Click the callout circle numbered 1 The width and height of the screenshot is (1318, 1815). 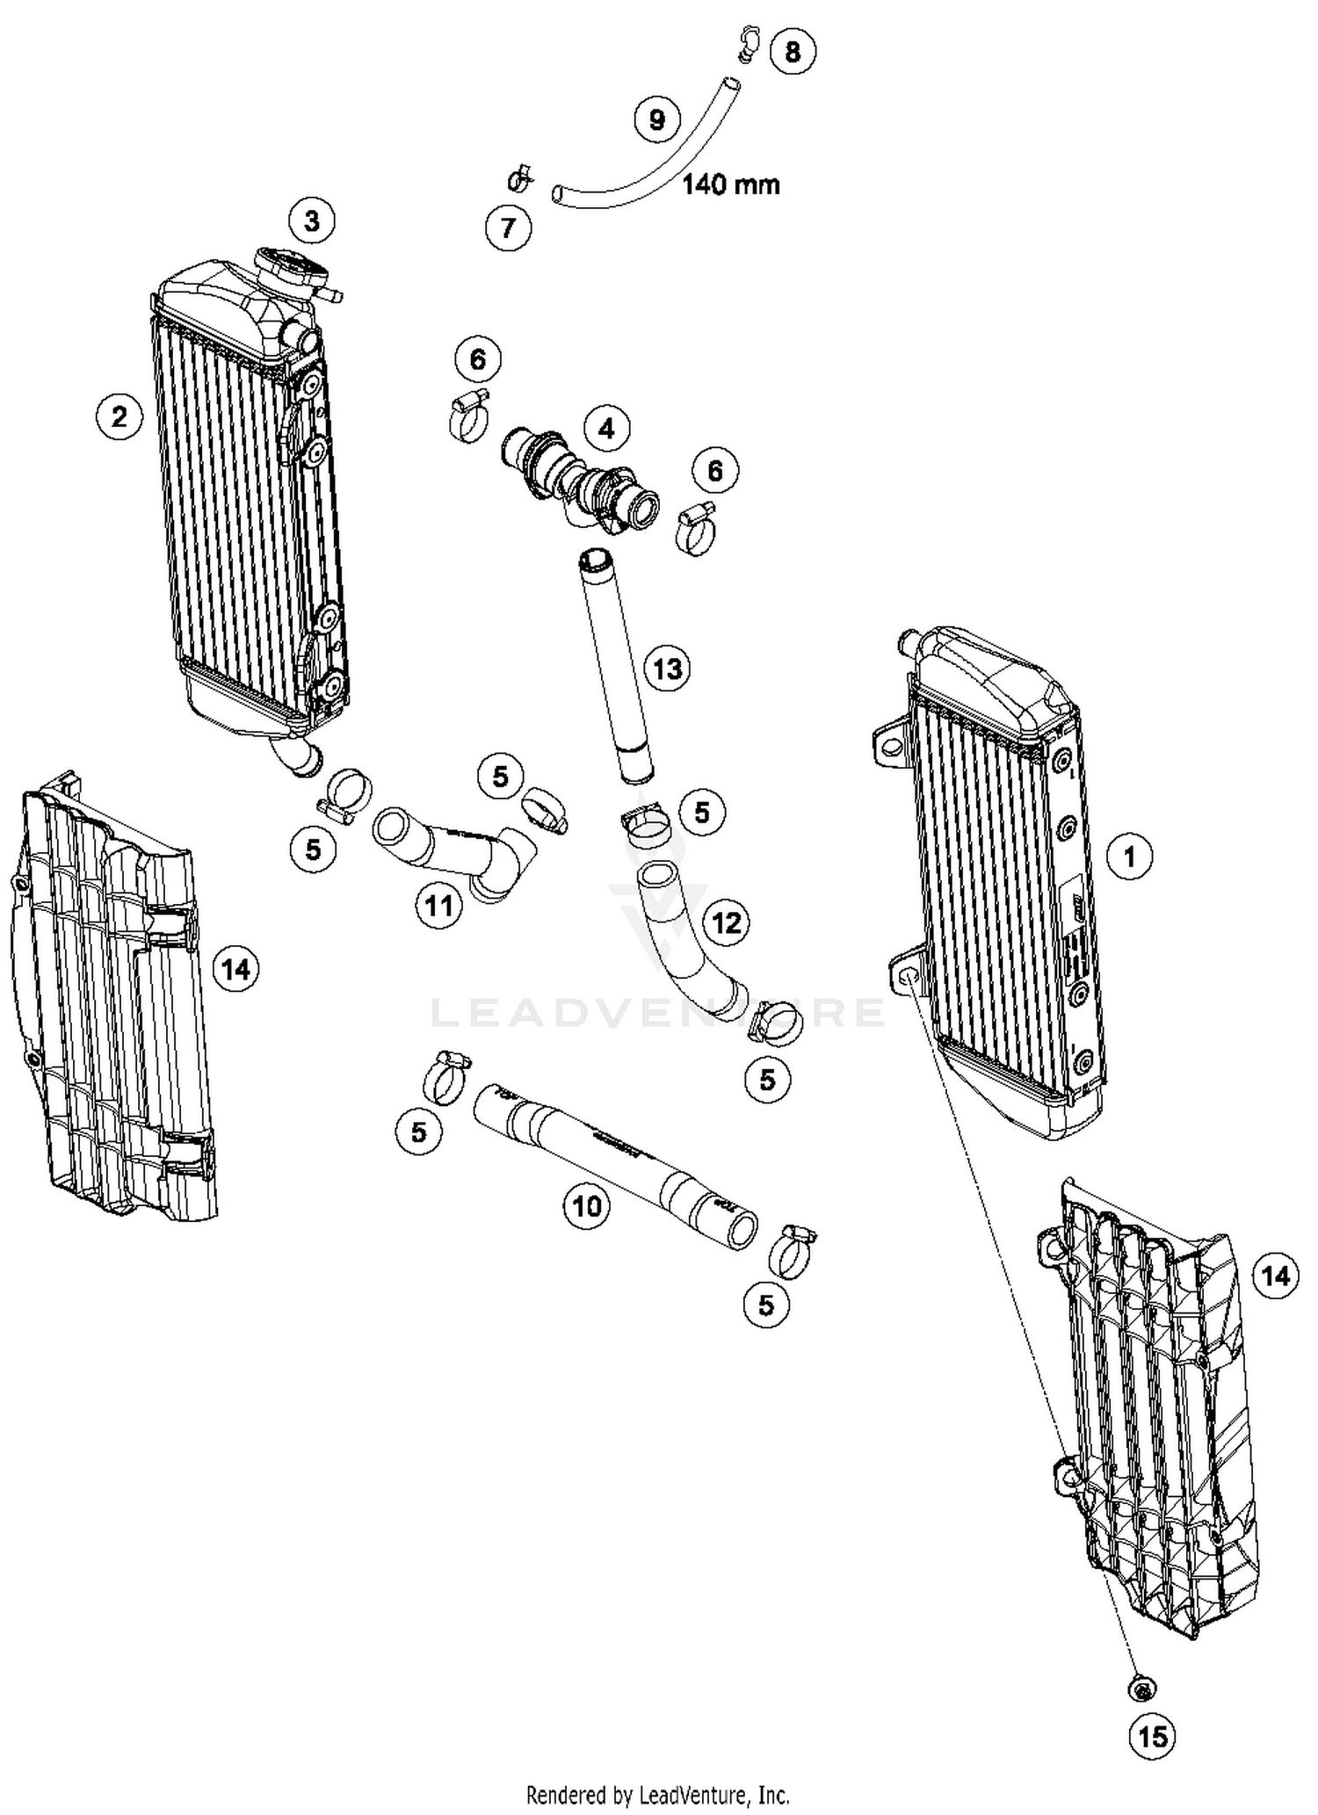coord(1130,856)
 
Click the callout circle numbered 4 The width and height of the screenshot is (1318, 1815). coord(606,429)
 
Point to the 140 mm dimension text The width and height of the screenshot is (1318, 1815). coord(731,184)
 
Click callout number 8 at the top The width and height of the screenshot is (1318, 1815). coord(793,52)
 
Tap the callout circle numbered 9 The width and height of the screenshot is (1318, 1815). coord(657,119)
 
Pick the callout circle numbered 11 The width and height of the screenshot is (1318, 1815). coord(439,905)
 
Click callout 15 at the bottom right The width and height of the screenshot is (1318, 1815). coord(1153,1736)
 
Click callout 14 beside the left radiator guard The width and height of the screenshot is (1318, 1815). coord(235,969)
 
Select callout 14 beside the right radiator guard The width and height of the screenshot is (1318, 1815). coord(1275,1275)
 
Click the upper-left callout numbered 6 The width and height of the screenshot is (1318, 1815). coord(478,358)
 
